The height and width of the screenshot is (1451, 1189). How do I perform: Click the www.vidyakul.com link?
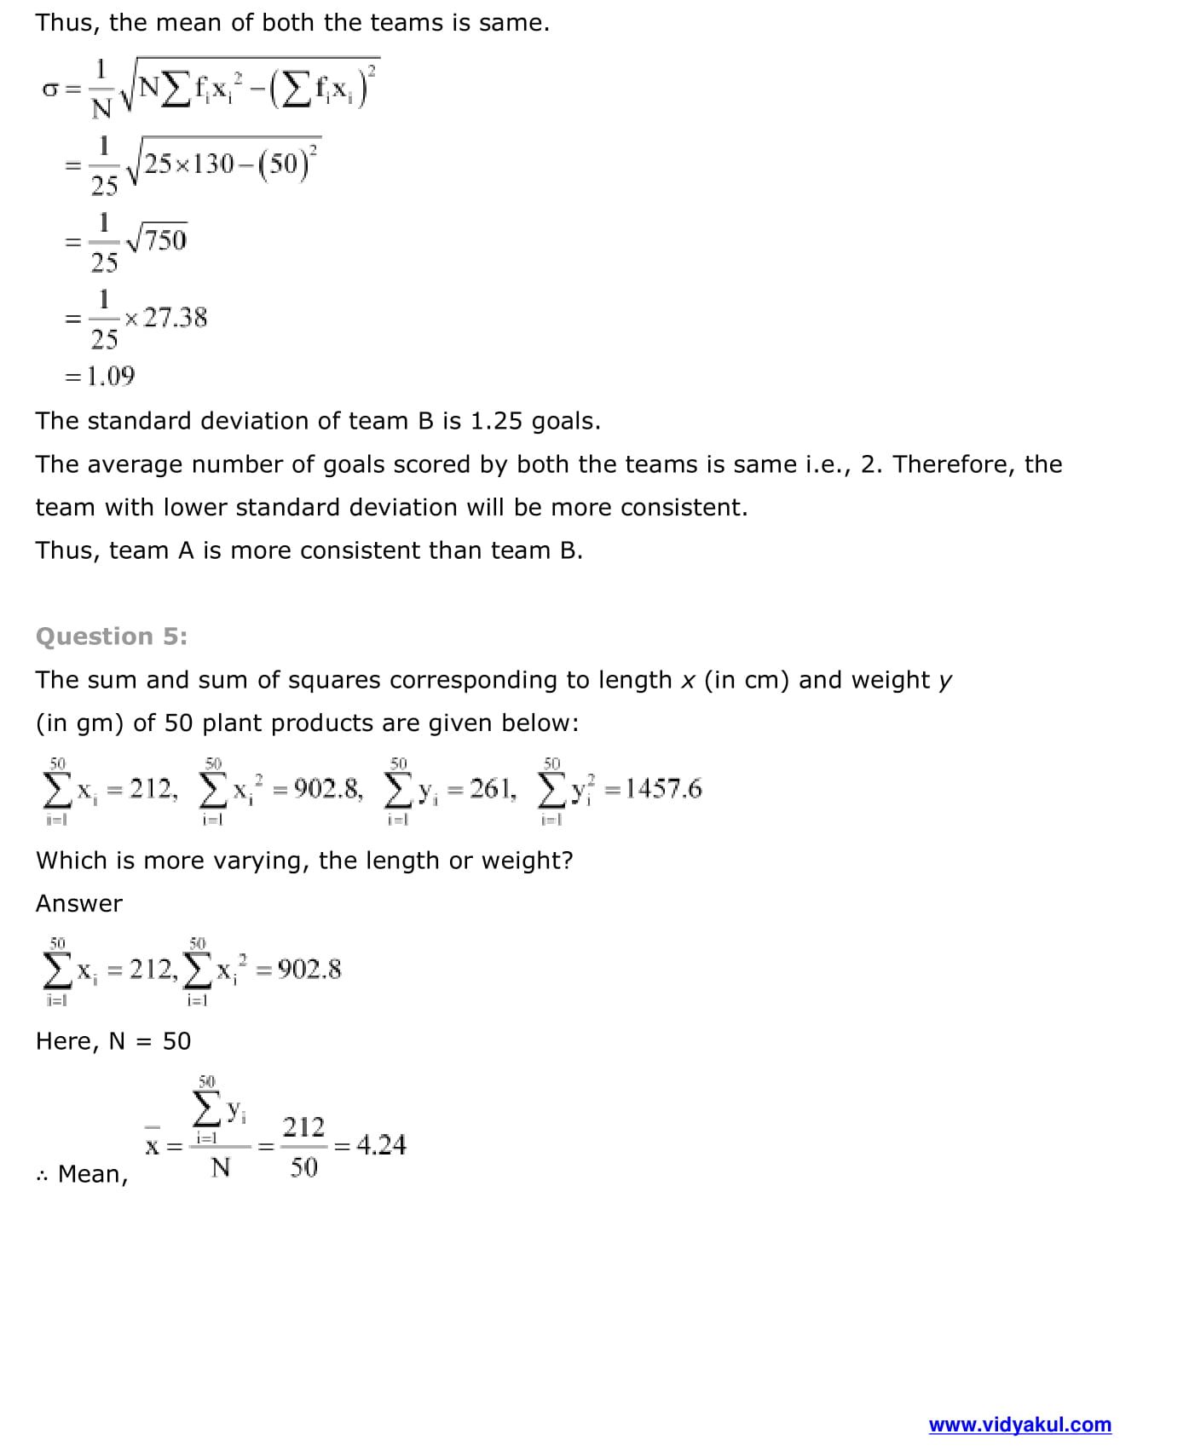click(x=1019, y=1424)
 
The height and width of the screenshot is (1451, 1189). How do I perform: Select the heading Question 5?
click(x=112, y=636)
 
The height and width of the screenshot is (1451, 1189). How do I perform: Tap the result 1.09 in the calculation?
click(x=111, y=376)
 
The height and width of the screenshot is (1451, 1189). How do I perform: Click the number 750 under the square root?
click(x=165, y=240)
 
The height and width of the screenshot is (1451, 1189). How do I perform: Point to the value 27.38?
click(x=175, y=318)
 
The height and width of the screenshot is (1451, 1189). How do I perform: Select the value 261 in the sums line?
click(x=493, y=788)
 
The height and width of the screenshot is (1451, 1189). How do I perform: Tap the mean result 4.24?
click(x=381, y=1144)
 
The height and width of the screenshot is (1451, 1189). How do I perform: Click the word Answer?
click(x=79, y=903)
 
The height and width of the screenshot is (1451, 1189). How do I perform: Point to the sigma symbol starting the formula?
click(x=49, y=89)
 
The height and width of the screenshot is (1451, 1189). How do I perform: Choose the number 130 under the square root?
click(x=213, y=163)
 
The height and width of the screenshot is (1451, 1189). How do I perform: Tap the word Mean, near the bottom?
click(x=93, y=1174)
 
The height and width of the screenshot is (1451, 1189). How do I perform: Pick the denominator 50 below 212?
click(x=303, y=1167)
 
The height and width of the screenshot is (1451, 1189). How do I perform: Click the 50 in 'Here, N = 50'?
click(x=176, y=1041)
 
